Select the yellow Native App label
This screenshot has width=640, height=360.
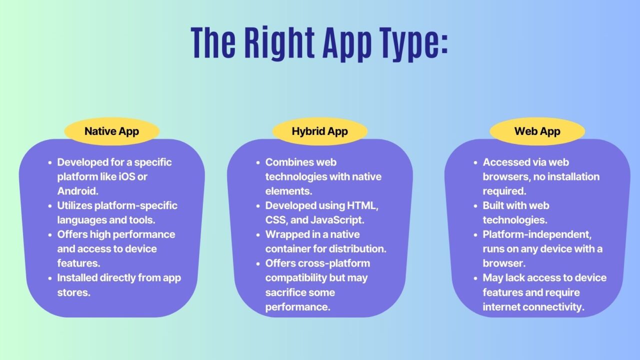coord(111,131)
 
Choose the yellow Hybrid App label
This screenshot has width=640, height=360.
coord(319,131)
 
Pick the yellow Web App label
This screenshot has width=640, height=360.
coord(537,131)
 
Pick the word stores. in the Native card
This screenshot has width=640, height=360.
coord(73,292)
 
